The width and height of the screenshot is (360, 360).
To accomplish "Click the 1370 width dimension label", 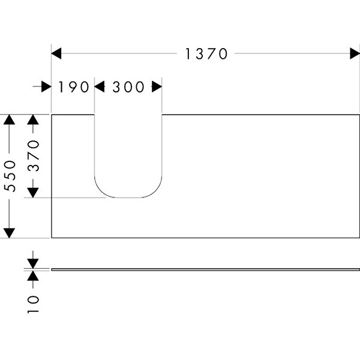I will (x=206, y=54).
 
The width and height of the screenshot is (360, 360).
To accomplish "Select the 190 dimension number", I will (x=73, y=87).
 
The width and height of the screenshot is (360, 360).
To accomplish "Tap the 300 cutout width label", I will (x=128, y=87).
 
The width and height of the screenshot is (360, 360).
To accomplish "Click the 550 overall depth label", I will (x=9, y=176).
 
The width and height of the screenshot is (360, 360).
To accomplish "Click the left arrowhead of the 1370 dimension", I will (x=56, y=54).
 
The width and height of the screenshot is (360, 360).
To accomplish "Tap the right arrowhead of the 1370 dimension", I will (x=355, y=54).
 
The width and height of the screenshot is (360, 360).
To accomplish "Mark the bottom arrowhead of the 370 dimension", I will (x=33, y=192).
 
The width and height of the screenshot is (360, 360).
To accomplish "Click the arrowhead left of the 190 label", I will (x=46, y=87).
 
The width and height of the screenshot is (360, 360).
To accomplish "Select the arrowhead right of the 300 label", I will (x=157, y=87).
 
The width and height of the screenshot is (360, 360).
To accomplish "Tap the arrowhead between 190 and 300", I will (x=100, y=87).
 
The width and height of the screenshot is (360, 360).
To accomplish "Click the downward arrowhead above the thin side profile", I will (x=33, y=263).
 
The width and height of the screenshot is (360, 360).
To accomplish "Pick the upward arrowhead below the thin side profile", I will (x=33, y=275).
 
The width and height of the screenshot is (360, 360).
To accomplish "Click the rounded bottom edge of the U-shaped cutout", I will (x=128, y=197).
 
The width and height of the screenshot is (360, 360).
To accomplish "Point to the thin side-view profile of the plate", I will (x=204, y=269).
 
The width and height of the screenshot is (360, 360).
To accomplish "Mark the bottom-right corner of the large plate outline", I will (x=359, y=238).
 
